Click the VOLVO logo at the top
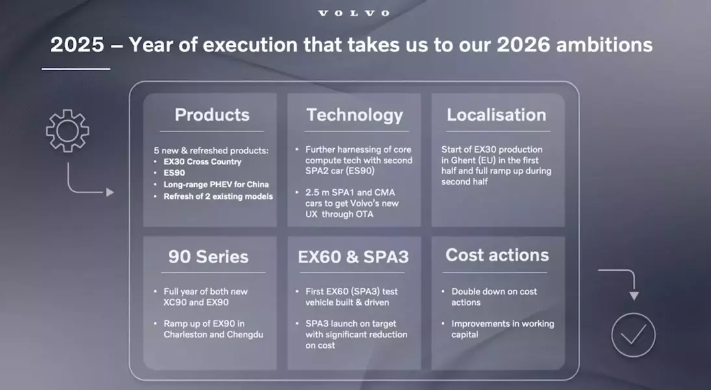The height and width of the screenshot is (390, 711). (355, 13)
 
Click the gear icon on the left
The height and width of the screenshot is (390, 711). (67, 130)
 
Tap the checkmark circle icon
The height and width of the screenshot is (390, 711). (633, 335)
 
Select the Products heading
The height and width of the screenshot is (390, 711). (212, 115)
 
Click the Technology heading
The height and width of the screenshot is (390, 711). (355, 115)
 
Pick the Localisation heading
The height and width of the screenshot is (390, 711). (496, 115)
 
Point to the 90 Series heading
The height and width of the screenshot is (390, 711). (208, 256)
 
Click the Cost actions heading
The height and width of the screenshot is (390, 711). (497, 255)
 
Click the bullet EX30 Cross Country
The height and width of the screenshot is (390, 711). (202, 161)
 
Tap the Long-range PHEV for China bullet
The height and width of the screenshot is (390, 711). (216, 185)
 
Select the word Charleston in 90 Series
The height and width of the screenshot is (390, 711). (184, 334)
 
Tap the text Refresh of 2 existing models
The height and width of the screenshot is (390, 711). (218, 196)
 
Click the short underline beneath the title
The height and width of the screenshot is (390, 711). (76, 68)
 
